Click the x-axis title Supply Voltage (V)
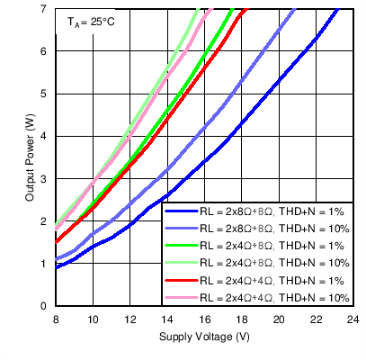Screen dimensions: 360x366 (203, 337)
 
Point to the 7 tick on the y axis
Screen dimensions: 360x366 (44, 9)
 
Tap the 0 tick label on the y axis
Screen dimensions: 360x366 (44, 306)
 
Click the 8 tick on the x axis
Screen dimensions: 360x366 (56, 319)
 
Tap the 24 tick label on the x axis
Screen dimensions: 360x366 (352, 319)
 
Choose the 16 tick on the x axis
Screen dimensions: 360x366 (203, 319)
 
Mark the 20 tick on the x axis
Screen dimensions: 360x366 (277, 319)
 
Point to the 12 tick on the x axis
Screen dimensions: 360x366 (129, 319)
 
